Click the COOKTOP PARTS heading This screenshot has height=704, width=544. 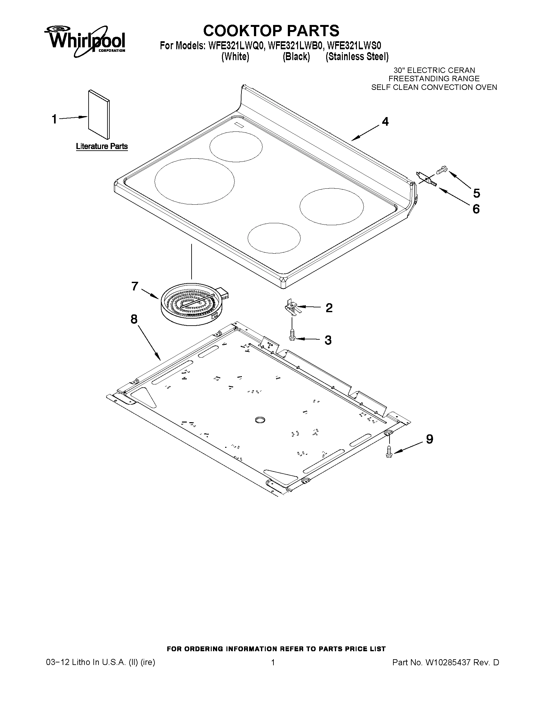(x=271, y=31)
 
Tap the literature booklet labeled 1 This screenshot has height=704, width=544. (x=99, y=114)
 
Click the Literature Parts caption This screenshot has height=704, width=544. (x=102, y=146)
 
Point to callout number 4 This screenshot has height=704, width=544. (x=385, y=122)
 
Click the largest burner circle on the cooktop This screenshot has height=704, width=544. (x=194, y=181)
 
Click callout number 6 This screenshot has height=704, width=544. (x=476, y=209)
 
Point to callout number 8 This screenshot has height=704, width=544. (x=134, y=320)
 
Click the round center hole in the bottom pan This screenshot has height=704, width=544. (x=260, y=419)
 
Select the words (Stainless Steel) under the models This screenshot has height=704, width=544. (x=357, y=57)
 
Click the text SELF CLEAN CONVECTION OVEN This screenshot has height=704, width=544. (x=434, y=87)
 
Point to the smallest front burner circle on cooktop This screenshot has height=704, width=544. (x=274, y=238)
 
